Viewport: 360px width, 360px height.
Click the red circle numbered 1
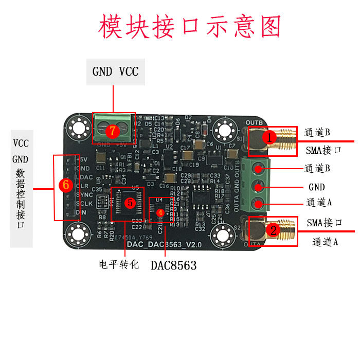tap(267, 138)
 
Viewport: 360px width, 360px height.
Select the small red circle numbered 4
tap(160, 212)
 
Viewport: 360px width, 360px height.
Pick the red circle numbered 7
tap(113, 131)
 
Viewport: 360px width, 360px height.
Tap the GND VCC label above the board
tap(115, 71)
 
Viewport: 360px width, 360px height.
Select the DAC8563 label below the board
tap(173, 265)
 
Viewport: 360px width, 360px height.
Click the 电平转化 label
tap(119, 265)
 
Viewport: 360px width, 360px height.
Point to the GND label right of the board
tap(317, 186)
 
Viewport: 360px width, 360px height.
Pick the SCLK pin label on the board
tap(84, 204)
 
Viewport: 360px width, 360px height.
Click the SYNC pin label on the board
tap(84, 194)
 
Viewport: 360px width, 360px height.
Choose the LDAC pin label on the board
tap(84, 176)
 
